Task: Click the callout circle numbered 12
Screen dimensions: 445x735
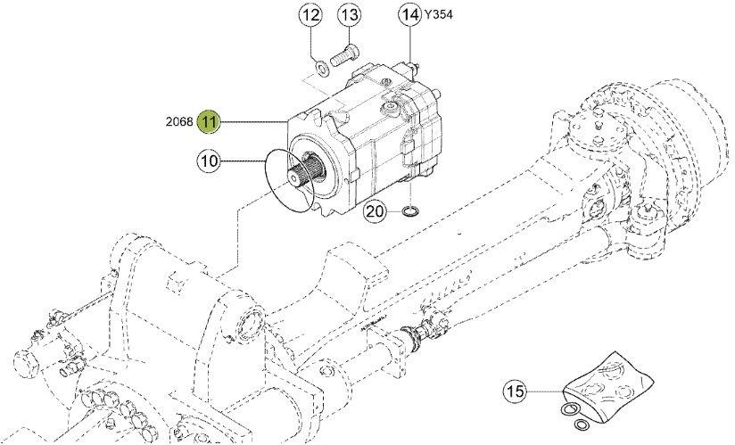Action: pyautogui.click(x=310, y=16)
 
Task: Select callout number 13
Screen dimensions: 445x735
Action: pyautogui.click(x=349, y=16)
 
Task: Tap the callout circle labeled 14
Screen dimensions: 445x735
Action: pyautogui.click(x=409, y=16)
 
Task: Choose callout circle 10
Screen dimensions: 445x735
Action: pyautogui.click(x=209, y=161)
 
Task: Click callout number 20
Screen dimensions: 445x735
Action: pyautogui.click(x=376, y=212)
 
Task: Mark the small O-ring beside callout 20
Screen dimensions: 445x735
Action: pyautogui.click(x=409, y=211)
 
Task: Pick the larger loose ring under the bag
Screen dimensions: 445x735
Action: pyautogui.click(x=568, y=410)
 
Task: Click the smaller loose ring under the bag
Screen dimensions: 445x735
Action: pyautogui.click(x=582, y=424)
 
